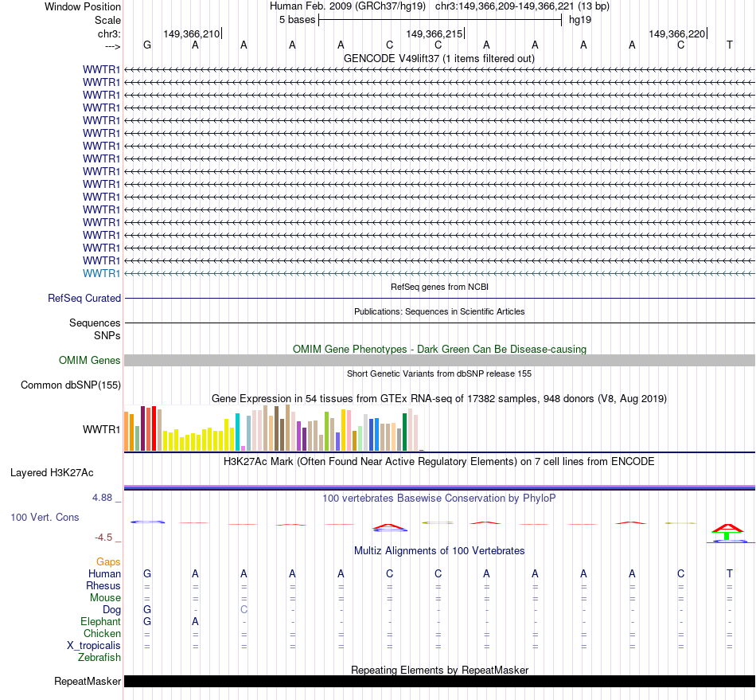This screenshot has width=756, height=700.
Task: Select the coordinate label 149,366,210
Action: [191, 33]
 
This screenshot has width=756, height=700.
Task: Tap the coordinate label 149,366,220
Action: [676, 33]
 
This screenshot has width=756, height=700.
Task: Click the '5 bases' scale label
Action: [297, 19]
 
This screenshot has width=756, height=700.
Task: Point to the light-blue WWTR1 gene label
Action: [102, 273]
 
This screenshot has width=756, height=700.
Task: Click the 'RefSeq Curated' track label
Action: [84, 298]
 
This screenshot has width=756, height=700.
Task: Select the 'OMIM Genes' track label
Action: [90, 361]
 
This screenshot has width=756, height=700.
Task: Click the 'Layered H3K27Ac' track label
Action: [52, 472]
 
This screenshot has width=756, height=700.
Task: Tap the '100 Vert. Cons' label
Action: [45, 517]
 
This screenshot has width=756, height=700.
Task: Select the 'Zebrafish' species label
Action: [99, 657]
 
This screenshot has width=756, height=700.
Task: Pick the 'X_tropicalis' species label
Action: [94, 645]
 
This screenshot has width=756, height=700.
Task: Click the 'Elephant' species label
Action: [100, 621]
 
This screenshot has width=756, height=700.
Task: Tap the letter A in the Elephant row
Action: [195, 621]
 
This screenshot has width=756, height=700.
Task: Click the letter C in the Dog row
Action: [244, 609]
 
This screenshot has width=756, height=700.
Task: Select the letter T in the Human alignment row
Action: [730, 573]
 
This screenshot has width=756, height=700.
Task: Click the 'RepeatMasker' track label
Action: [88, 681]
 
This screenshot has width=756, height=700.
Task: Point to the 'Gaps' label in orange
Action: [108, 561]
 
